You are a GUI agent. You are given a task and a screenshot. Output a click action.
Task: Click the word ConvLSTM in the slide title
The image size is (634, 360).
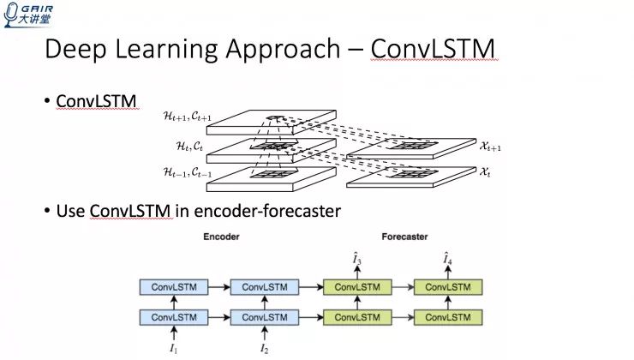433,50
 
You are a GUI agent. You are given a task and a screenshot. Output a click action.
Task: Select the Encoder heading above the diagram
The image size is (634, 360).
220,237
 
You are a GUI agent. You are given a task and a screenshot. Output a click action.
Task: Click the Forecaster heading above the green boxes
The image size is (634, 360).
404,237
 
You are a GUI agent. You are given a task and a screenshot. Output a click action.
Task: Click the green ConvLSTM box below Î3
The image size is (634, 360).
357,287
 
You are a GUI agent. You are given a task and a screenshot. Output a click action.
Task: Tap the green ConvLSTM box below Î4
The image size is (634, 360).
448,287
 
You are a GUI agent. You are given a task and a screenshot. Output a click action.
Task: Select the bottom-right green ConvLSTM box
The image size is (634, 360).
448,317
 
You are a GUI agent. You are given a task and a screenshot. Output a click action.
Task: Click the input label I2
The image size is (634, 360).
264,348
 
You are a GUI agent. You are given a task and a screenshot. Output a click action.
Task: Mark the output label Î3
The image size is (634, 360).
357,258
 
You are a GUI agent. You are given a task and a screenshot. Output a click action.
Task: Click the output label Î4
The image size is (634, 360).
448,258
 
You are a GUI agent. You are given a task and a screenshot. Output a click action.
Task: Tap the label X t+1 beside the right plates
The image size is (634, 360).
491,147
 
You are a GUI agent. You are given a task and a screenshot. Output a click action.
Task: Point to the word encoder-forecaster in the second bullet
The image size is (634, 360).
274,211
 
